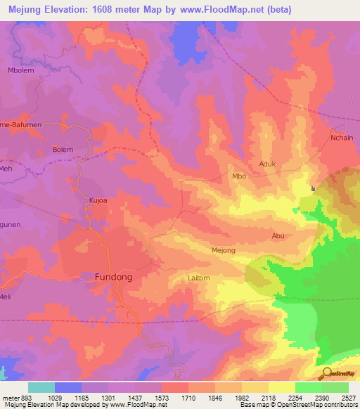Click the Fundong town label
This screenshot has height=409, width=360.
pyautogui.click(x=113, y=278)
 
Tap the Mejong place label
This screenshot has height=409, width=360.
pyautogui.click(x=223, y=250)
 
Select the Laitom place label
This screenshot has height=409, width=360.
pyautogui.click(x=199, y=278)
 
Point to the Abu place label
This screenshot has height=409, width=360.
pyautogui.click(x=278, y=236)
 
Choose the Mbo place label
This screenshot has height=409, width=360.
pyautogui.click(x=239, y=176)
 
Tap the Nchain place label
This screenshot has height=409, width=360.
pyautogui.click(x=342, y=138)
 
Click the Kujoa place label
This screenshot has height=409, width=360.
pyautogui.click(x=98, y=200)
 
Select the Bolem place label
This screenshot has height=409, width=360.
pyautogui.click(x=63, y=150)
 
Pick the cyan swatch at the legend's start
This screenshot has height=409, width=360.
pyautogui.click(x=41, y=387)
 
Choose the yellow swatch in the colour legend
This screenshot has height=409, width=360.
pyautogui.click(x=281, y=387)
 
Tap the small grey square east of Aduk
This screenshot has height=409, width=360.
pyautogui.click(x=314, y=188)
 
